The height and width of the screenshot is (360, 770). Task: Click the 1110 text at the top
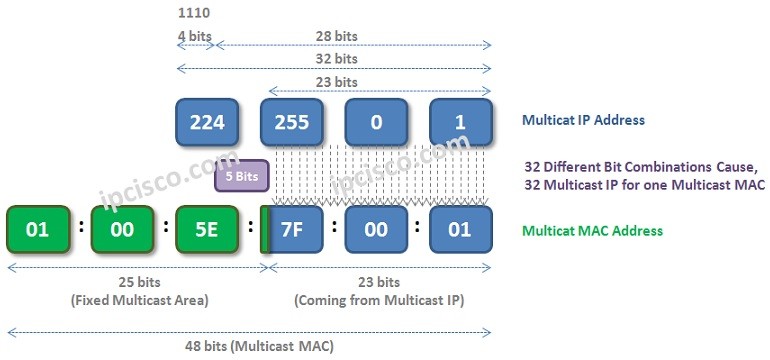pyautogui.click(x=193, y=14)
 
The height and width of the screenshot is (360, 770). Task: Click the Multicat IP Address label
pyautogui.click(x=583, y=121)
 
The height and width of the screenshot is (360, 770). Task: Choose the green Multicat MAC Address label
pyautogui.click(x=592, y=231)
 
